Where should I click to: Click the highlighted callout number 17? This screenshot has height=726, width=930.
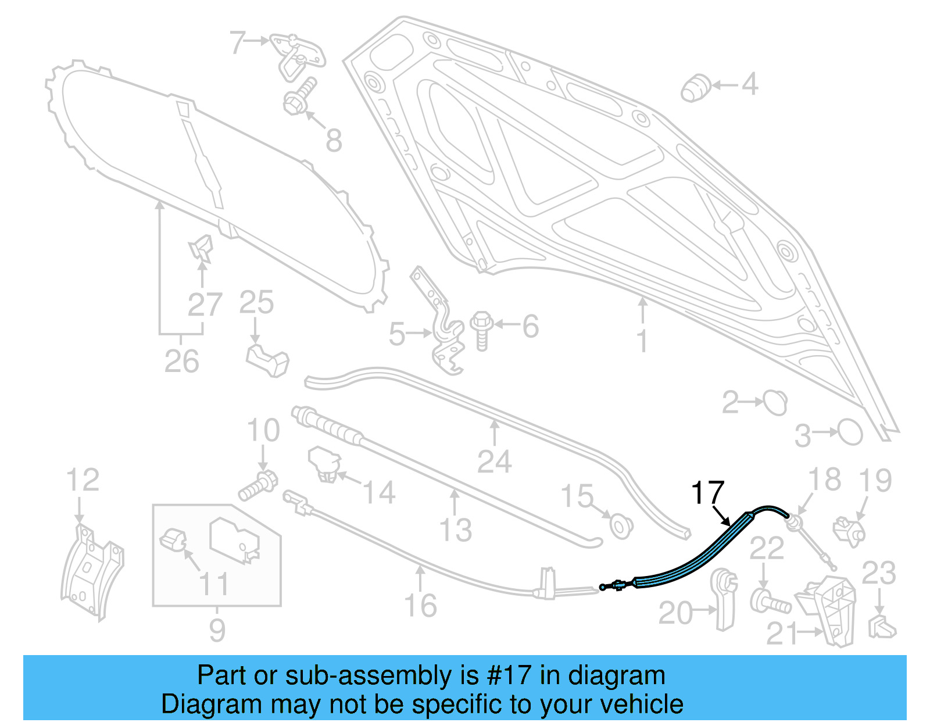[x=707, y=493]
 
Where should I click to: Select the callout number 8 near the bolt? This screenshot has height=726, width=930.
[x=334, y=141]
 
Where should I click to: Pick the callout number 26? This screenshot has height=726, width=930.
[x=181, y=362]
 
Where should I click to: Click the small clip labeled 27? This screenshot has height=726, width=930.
[x=201, y=248]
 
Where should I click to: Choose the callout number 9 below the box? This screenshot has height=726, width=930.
[x=217, y=631]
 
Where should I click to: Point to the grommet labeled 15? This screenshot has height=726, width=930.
[x=621, y=525]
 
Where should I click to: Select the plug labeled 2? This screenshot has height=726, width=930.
[x=774, y=402]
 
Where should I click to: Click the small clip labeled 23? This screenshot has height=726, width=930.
[x=881, y=627]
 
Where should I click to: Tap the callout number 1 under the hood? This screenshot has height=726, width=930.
[x=642, y=341]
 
